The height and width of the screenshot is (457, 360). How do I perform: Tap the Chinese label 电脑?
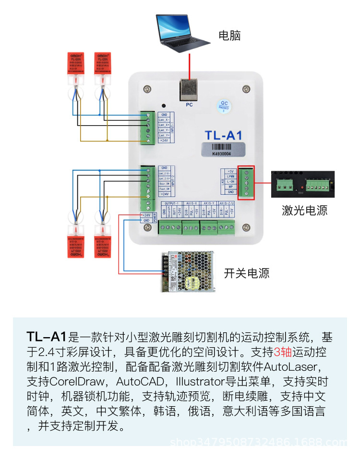pos(229,35)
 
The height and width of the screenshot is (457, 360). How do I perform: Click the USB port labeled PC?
pos(189,89)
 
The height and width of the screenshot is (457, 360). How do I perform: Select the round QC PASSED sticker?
pos(224,105)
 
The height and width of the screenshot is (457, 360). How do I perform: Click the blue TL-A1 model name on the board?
pos(224,135)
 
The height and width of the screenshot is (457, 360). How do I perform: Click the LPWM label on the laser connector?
pos(230,176)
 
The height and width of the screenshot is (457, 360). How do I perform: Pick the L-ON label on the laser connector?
pos(230,182)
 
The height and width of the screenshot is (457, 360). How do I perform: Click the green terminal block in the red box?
pos(246,182)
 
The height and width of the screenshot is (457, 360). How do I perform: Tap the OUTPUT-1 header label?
pos(171,203)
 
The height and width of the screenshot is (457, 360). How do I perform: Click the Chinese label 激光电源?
pos(305,210)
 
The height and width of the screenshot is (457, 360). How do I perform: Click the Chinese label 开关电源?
pos(247,273)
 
